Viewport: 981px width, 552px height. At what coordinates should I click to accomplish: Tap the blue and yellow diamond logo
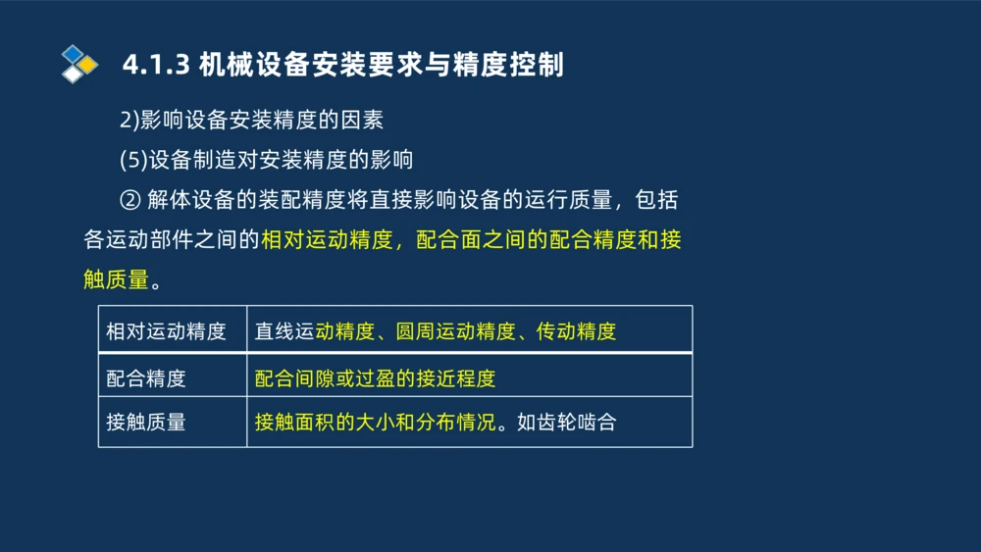(x=78, y=64)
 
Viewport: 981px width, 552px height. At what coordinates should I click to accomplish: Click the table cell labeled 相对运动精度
(x=166, y=331)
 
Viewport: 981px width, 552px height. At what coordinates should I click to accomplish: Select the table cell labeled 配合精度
(x=146, y=377)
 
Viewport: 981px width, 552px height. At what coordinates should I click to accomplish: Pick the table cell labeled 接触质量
(x=146, y=423)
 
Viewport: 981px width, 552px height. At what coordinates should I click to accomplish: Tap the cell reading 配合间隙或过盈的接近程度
(x=375, y=377)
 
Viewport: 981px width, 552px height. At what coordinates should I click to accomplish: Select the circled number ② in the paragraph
(x=130, y=200)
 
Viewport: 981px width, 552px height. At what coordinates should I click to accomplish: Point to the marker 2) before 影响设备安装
(x=129, y=120)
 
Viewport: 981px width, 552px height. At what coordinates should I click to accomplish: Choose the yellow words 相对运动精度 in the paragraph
(x=327, y=240)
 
